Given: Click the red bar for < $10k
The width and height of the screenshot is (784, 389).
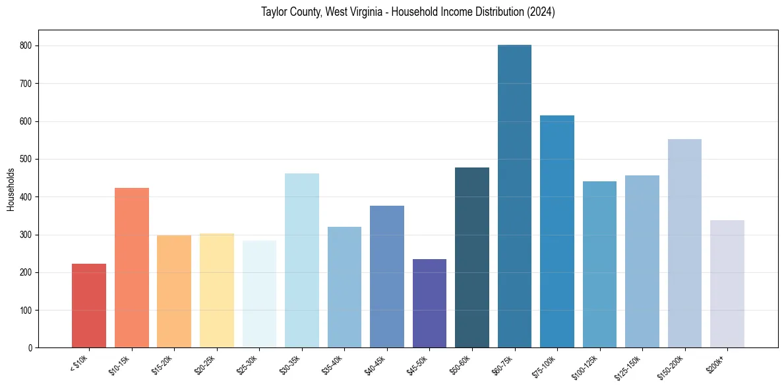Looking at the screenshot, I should coord(89,306).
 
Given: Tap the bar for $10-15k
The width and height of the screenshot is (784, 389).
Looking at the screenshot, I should coord(131,268).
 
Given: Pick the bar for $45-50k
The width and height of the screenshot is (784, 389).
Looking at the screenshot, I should coord(429,303).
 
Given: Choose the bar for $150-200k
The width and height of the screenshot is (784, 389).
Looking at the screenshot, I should coord(684,243).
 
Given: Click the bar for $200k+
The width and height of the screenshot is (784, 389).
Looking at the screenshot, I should coord(727,284).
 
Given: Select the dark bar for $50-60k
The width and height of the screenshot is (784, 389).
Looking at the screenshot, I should coord(472,258).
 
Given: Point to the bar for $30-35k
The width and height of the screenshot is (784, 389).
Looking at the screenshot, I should coord(301,260).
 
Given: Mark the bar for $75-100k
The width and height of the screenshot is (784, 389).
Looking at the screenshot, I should coord(557,231).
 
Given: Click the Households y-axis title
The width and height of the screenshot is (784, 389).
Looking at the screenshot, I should coord(11,189).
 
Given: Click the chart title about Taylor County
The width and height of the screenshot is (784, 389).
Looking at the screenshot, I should coord(408,13).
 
